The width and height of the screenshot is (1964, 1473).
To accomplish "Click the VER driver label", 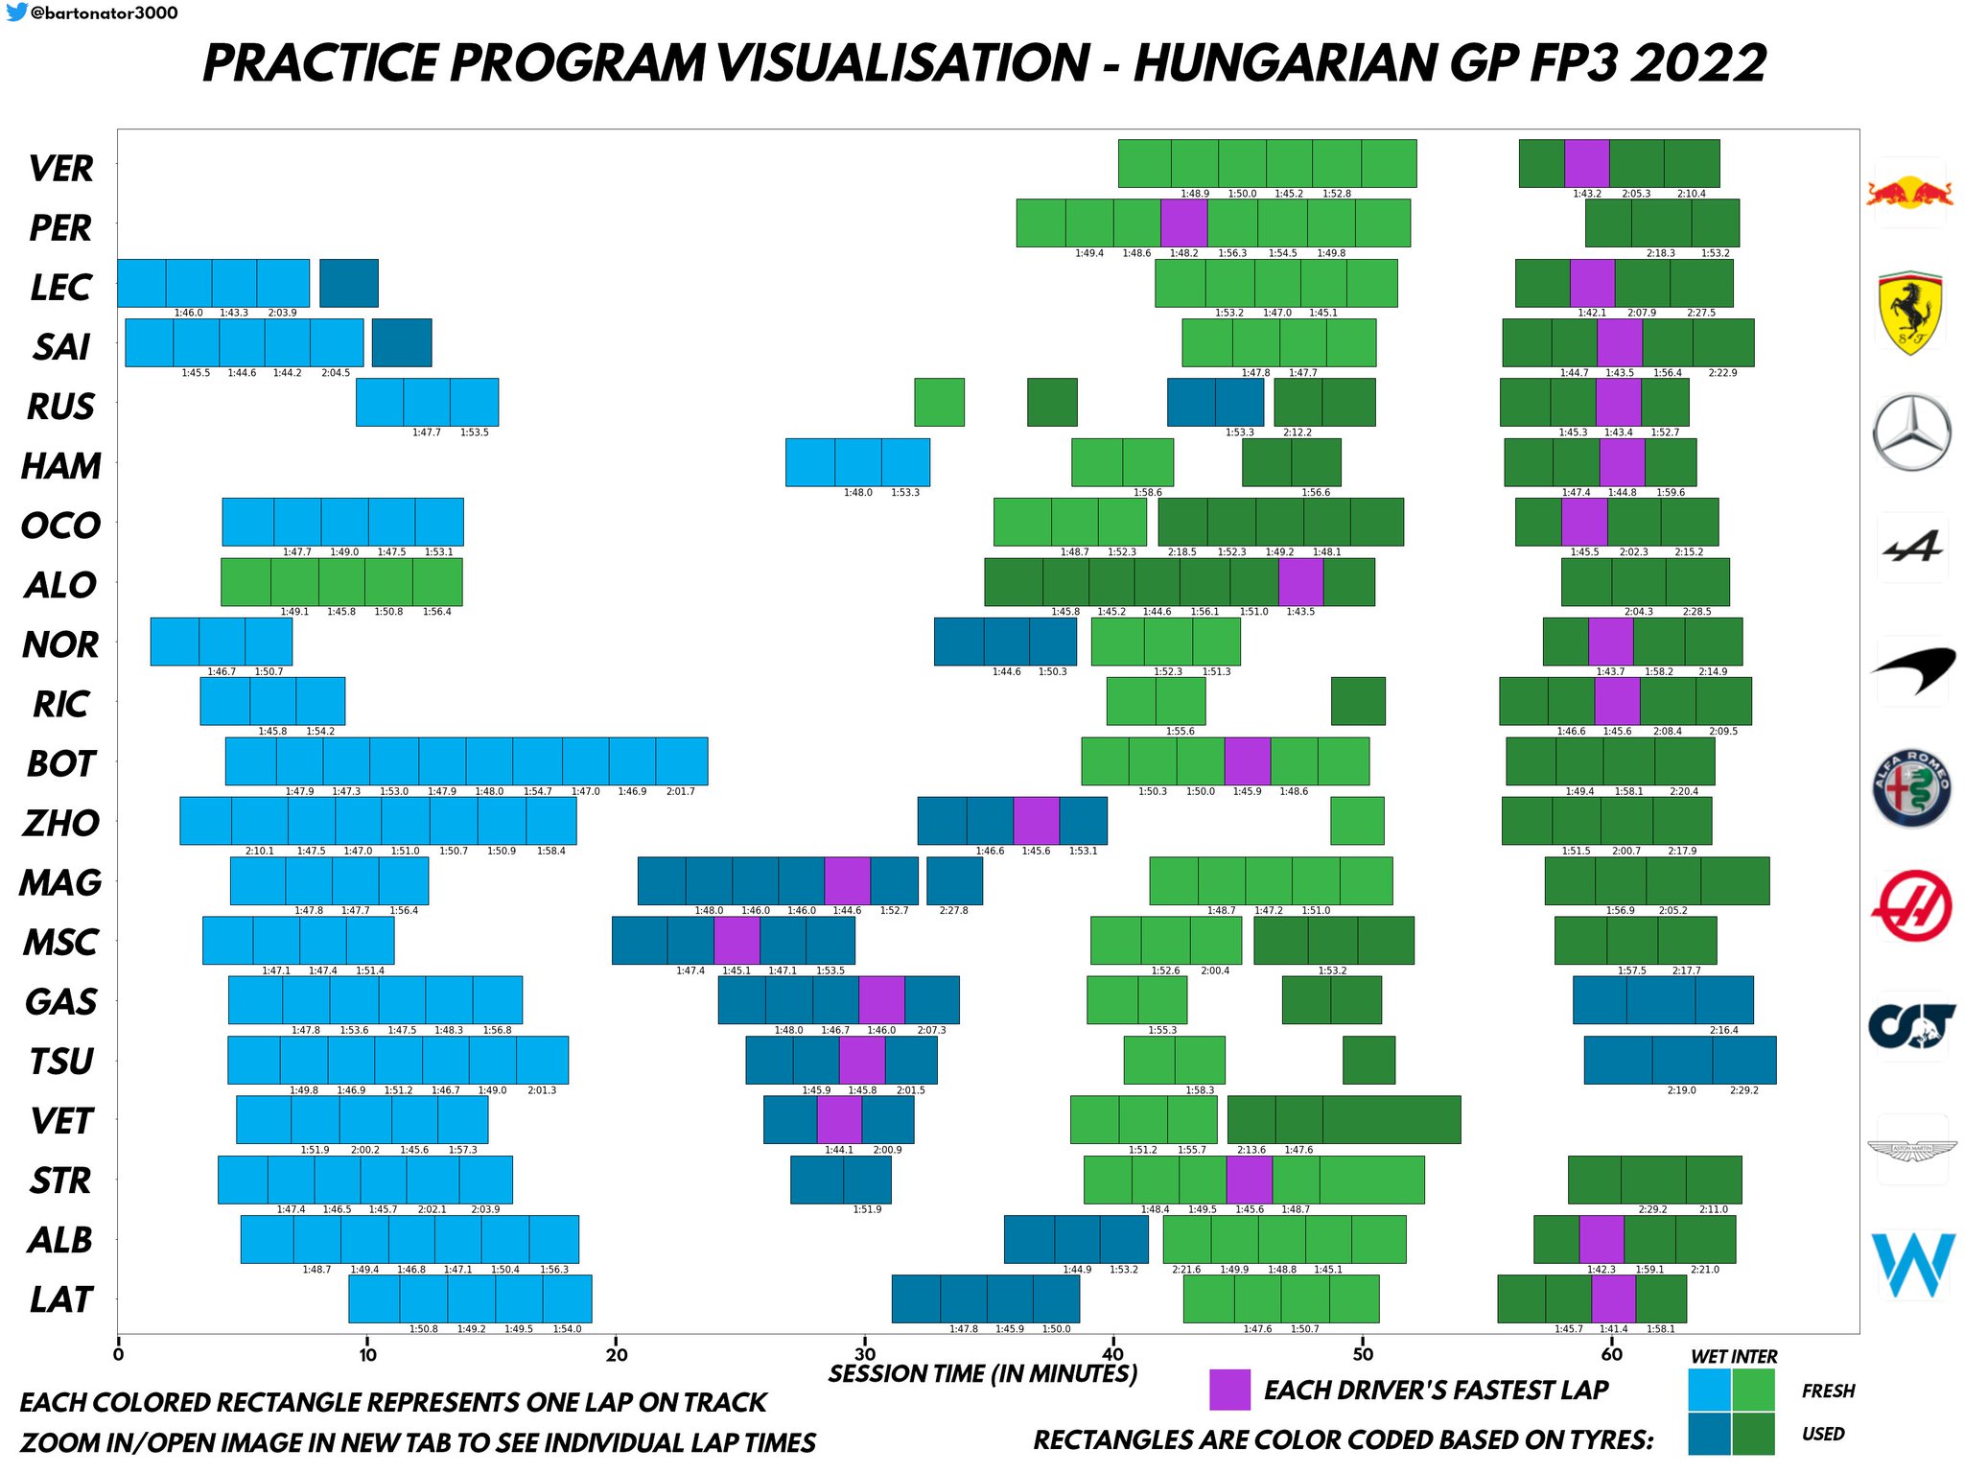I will [x=60, y=168].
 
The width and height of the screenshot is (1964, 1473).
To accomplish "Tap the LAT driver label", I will [x=60, y=1299].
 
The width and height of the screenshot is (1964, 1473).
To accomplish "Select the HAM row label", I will [x=60, y=466].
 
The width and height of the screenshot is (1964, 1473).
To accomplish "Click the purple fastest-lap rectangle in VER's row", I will [x=1586, y=163].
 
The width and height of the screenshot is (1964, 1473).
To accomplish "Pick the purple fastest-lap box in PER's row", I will [x=1183, y=222].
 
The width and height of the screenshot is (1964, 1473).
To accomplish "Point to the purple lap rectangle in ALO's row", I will [x=1300, y=581].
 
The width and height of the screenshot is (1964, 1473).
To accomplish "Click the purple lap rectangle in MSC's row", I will [x=736, y=940].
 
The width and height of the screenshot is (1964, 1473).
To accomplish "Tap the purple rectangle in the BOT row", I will [x=1247, y=760].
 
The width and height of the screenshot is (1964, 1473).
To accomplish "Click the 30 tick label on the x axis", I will [x=865, y=1354].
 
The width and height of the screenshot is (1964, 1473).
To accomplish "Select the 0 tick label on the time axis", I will [x=118, y=1354].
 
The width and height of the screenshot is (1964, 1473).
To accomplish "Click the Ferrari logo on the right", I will [x=1910, y=313].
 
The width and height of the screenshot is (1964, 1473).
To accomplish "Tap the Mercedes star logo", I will [x=1911, y=433].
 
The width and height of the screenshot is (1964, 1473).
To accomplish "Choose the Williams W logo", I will [x=1912, y=1263].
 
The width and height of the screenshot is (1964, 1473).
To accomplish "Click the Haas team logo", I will [x=1911, y=906].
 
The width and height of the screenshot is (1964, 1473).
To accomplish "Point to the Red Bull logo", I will [x=1909, y=193].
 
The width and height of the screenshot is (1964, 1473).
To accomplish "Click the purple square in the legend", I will [x=1229, y=1390].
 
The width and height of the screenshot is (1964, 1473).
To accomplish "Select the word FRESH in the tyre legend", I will [x=1828, y=1391].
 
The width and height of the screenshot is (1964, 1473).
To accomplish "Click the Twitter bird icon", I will [x=16, y=12].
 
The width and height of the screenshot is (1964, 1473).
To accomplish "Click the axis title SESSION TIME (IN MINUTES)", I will [x=982, y=1373].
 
